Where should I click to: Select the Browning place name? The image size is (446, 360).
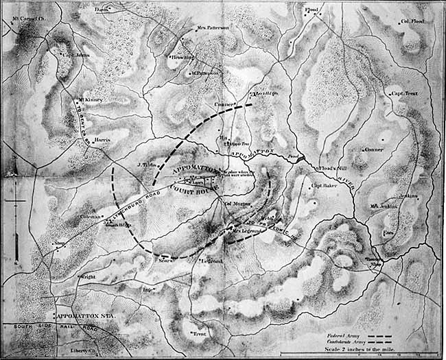pyautogui.click(x=183, y=58)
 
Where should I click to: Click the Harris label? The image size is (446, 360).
pyautogui.click(x=101, y=138)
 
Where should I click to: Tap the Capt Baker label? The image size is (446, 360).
pyautogui.click(x=324, y=185)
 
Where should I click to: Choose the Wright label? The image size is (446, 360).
pyautogui.click(x=87, y=276)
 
